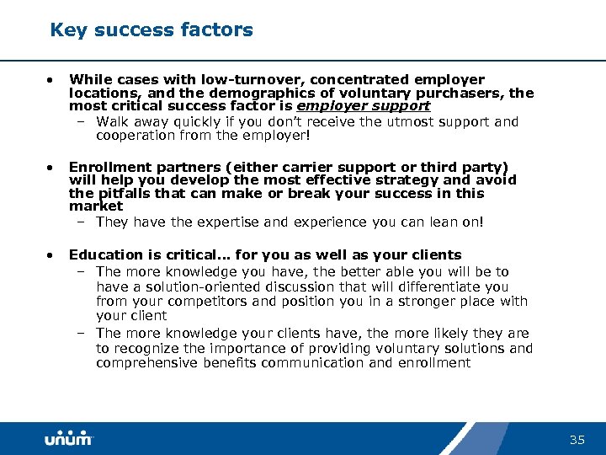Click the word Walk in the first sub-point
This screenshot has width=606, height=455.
coord(112,121)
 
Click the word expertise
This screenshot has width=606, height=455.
coord(216,222)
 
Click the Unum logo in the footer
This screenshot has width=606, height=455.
coord(69,439)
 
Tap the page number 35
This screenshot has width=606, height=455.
coord(577,440)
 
